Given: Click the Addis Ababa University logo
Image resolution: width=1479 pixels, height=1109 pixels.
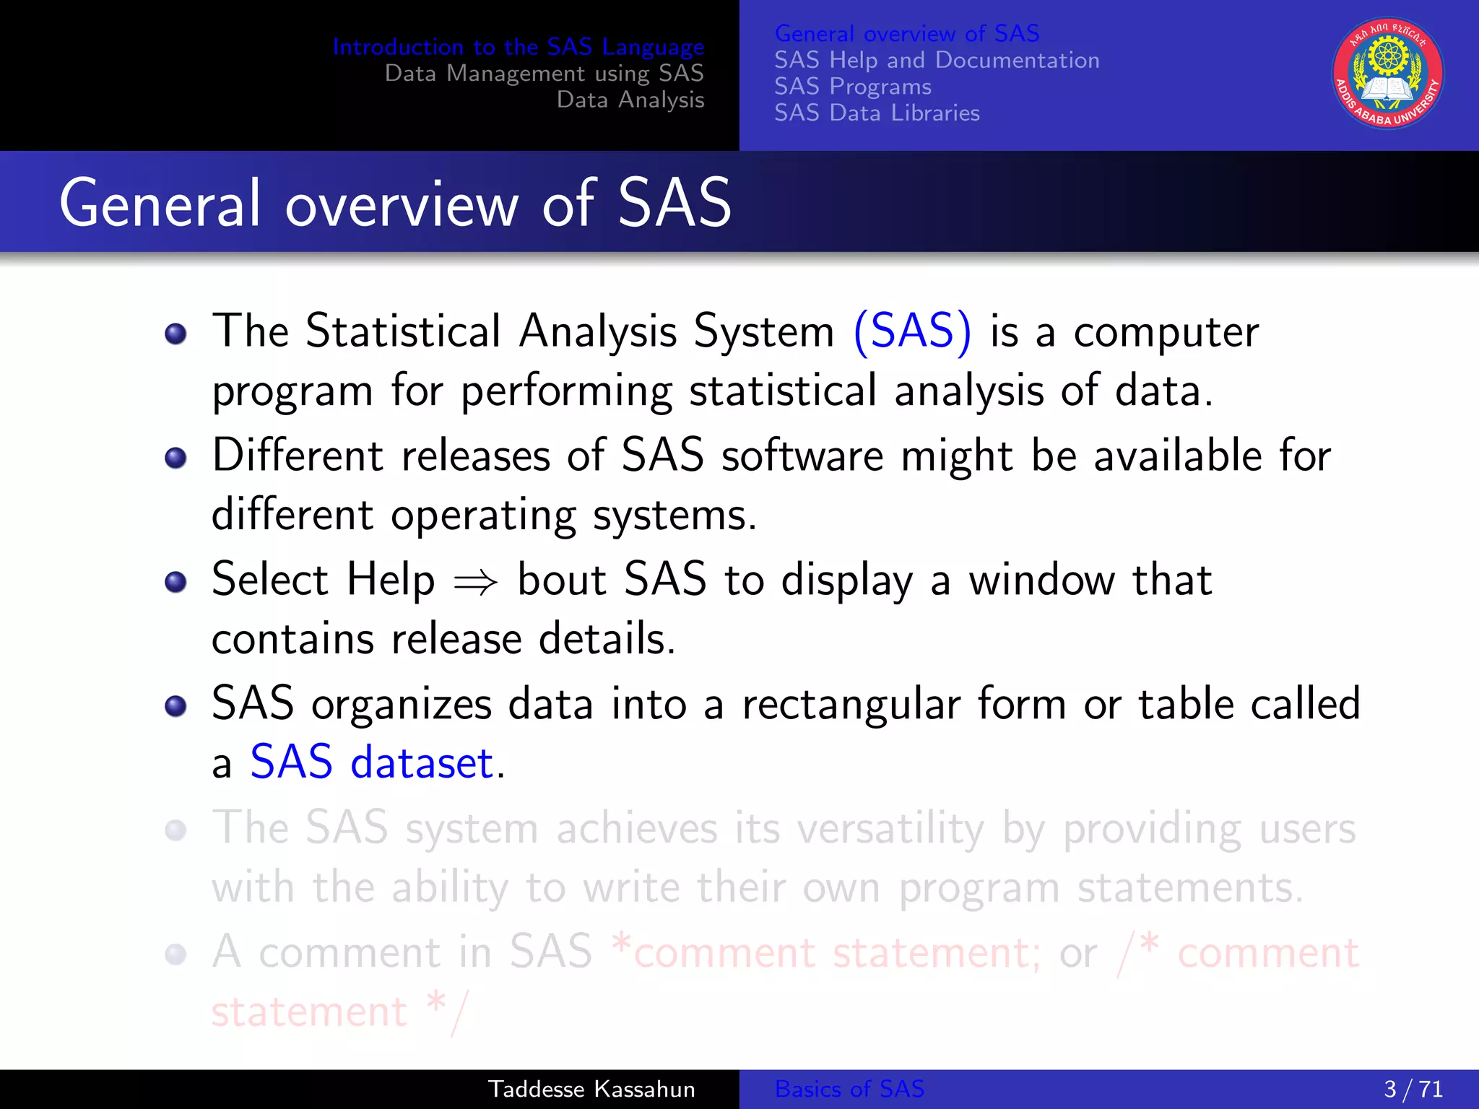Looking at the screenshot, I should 1387,74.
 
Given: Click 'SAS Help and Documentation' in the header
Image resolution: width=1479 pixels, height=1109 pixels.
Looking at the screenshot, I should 937,60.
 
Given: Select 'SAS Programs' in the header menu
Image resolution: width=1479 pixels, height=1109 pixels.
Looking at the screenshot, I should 853,87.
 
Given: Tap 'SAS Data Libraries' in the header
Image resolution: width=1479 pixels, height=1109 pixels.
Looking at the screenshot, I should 877,113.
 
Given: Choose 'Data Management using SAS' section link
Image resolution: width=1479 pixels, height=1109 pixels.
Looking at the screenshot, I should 544,74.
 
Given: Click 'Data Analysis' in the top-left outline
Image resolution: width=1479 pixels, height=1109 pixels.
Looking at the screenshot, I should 630,100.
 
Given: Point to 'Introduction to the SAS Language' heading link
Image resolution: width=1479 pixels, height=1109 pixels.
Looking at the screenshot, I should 518,47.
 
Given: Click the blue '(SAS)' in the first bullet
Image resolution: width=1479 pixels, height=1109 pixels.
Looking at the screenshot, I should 912,331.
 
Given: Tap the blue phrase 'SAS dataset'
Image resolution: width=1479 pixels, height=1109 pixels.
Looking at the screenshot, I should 372,762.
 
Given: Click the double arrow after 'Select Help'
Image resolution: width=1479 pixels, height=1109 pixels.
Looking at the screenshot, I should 475,582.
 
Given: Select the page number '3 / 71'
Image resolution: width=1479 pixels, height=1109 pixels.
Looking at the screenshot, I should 1413,1089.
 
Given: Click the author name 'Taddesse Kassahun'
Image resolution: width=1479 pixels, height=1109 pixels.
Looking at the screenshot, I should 591,1089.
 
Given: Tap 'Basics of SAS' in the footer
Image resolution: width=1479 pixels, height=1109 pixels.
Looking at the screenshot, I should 849,1089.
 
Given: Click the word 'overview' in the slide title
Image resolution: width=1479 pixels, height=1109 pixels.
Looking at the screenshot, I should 402,205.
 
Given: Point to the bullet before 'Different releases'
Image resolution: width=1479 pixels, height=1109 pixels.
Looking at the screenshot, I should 175,458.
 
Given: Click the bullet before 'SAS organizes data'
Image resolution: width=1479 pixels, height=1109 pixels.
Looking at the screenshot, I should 175,706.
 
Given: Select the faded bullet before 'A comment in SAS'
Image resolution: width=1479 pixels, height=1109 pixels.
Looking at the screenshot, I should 175,954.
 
